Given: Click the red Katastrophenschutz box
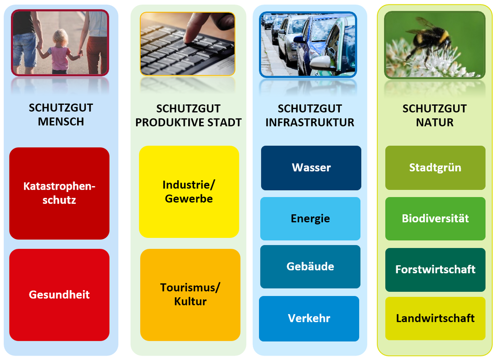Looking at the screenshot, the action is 59,193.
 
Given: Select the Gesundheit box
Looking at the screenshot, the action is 59,295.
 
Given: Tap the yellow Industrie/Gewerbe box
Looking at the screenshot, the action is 189,192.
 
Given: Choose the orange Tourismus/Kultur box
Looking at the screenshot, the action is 191,295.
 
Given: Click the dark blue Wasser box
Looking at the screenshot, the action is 311,168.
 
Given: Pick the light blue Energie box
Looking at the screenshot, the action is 310,218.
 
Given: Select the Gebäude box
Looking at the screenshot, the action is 310,266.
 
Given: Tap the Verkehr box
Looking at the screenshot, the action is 309,319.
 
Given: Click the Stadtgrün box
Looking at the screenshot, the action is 435,168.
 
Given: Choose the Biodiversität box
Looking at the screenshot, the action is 435,218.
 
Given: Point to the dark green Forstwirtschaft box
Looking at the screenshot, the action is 435,270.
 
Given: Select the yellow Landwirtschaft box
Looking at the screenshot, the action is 435,318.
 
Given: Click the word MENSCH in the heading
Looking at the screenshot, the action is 61,122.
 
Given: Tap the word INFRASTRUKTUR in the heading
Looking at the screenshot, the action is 310,122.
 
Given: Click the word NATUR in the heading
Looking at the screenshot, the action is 435,122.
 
